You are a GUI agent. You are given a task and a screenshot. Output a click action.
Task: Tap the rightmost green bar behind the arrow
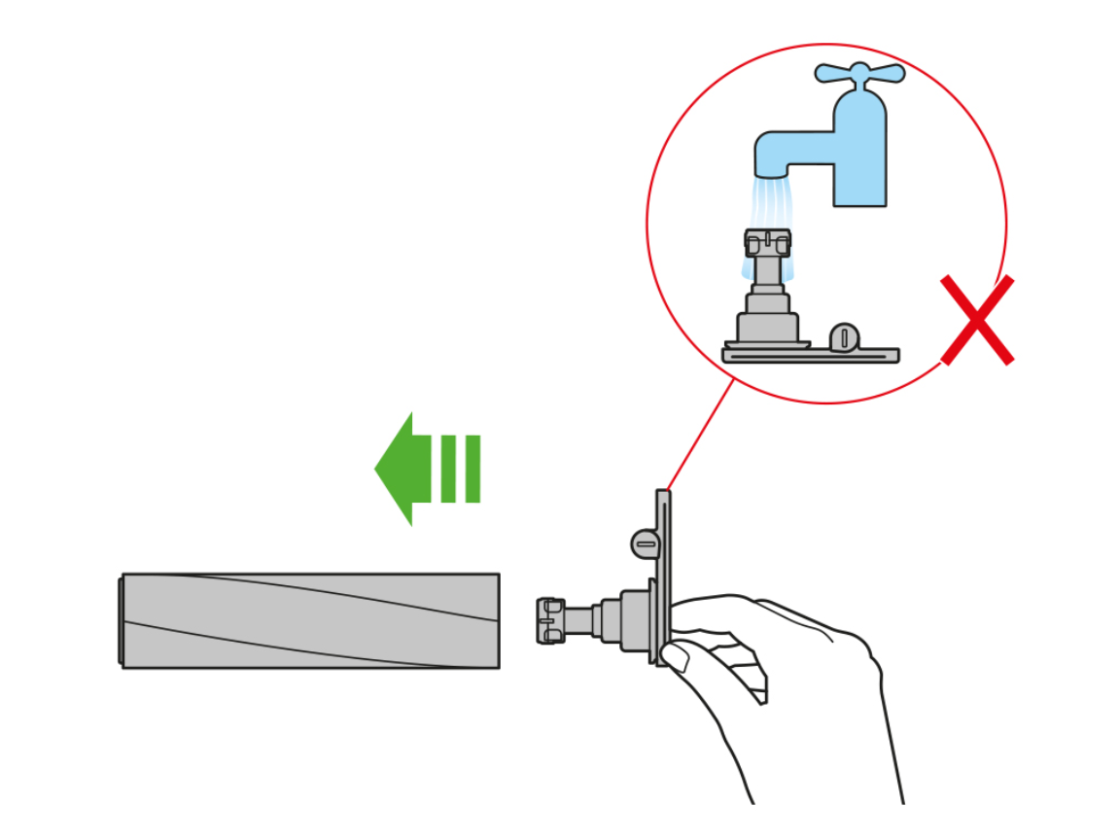472,469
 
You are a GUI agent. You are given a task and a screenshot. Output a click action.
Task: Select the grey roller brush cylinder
311,620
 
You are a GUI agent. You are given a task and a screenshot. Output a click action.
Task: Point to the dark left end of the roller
122,620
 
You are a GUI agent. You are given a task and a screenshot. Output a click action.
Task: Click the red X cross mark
977,320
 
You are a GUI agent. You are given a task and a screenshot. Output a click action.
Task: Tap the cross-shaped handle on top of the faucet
859,73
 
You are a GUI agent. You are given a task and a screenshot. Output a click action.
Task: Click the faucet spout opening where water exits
774,174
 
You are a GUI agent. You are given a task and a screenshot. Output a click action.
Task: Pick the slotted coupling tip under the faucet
767,242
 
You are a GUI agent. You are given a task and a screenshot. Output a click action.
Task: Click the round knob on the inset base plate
845,336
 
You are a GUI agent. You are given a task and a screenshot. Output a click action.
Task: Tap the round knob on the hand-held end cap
646,542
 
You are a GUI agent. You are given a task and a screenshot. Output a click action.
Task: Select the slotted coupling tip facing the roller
550,620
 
